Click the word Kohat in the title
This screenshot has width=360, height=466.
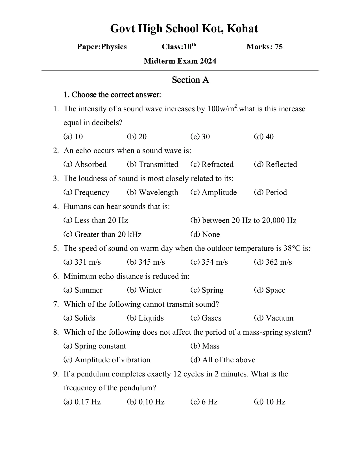[x=242, y=29]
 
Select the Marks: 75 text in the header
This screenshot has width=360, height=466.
[x=264, y=47]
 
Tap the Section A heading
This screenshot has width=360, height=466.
[x=190, y=80]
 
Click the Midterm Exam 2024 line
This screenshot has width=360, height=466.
[x=180, y=61]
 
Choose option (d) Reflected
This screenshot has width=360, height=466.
[x=275, y=164]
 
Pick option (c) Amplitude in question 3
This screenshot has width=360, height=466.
[x=213, y=192]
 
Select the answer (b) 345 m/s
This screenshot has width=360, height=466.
[x=146, y=262]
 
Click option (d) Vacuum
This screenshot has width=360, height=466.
[x=273, y=318]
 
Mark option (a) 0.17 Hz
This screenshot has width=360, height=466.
[x=82, y=402]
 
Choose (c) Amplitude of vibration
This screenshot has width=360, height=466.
[x=107, y=360]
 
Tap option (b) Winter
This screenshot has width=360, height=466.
[x=144, y=290]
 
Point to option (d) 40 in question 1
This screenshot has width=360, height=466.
[x=264, y=137]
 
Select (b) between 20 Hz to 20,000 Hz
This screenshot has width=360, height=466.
[x=243, y=220]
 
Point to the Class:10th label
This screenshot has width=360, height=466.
[x=179, y=47]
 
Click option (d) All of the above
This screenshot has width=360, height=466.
[x=223, y=360]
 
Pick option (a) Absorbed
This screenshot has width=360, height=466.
[x=85, y=164]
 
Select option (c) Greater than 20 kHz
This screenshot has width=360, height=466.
[x=102, y=234]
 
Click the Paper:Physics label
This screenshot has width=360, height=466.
[x=102, y=47]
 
